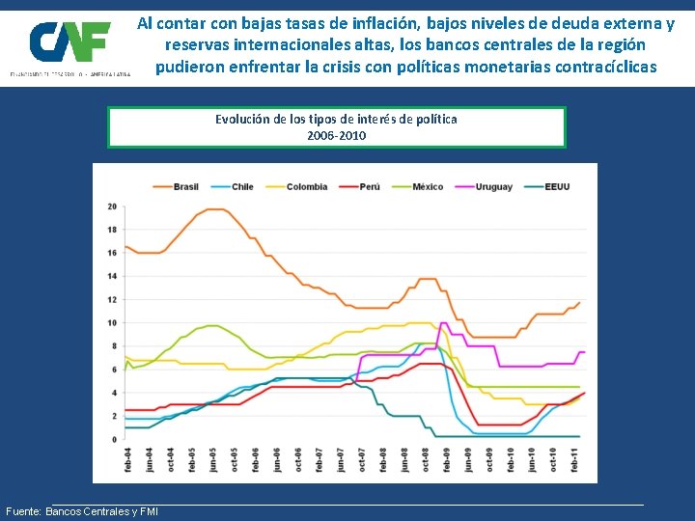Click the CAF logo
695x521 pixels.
[x=69, y=42]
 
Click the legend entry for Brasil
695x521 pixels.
[x=176, y=186]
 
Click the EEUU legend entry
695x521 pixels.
[x=549, y=186]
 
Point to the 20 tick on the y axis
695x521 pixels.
[x=112, y=206]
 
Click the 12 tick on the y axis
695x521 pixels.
[x=112, y=299]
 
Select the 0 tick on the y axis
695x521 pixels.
[x=114, y=439]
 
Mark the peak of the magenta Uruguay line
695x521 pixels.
[x=443, y=323]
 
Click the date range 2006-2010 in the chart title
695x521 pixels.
[x=336, y=136]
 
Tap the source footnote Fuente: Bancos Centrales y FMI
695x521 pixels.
[x=82, y=511]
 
